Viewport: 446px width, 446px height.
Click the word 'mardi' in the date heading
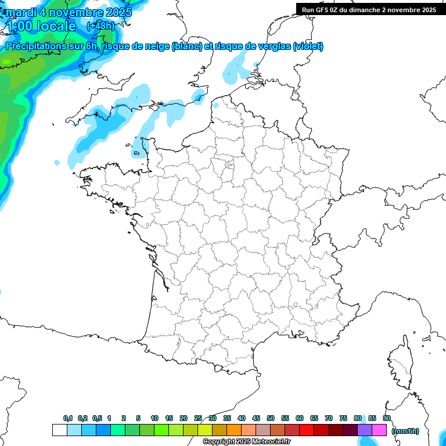(x=19, y=12)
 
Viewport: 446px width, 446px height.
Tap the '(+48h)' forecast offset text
(x=100, y=26)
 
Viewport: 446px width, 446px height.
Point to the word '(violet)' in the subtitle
(x=308, y=46)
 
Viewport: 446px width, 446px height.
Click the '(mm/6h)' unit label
(x=405, y=430)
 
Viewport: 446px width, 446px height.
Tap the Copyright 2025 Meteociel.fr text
(x=246, y=442)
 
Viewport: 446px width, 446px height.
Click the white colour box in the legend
(x=59, y=430)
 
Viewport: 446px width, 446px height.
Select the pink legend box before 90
(x=379, y=430)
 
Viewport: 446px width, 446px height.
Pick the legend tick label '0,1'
(x=68, y=418)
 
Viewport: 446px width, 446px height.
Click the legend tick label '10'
(x=154, y=418)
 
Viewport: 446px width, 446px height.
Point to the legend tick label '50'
(x=271, y=418)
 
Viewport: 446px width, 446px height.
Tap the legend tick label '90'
(x=387, y=418)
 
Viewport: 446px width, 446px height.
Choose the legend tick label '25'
(x=198, y=418)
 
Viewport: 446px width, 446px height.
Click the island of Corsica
(x=400, y=363)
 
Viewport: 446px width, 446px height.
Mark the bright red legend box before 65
(x=307, y=430)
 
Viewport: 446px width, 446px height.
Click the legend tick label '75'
(x=343, y=418)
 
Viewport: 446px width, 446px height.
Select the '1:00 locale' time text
(x=41, y=26)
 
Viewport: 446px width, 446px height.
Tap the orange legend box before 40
(x=234, y=430)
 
